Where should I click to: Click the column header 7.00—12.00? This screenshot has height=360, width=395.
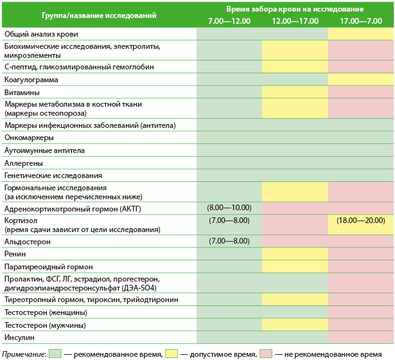coord(229,21)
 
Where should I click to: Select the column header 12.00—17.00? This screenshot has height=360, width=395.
coord(295,21)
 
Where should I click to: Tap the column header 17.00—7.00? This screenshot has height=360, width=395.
coord(361,21)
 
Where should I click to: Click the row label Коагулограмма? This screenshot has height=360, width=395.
coord(31,80)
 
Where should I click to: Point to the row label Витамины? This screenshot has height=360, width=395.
coord(22,93)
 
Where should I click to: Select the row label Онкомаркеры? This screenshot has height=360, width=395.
coord(29,138)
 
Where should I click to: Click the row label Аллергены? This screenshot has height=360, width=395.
coord(24,163)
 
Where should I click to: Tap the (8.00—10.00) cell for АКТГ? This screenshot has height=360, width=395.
coord(229,208)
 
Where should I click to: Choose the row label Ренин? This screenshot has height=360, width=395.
coord(16,254)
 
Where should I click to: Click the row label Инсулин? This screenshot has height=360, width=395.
coord(20,337)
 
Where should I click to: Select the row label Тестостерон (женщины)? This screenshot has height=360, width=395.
coord(46,312)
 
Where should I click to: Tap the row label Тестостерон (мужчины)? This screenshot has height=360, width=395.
coord(46,325)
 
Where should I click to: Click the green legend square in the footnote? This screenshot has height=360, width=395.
coord(55,353)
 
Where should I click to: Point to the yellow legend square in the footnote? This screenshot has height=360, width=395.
coord(171,353)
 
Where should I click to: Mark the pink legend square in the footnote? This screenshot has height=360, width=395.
coord(266,353)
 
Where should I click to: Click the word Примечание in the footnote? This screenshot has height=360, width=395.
coord(24,354)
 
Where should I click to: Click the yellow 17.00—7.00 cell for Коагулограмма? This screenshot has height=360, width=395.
coord(361,80)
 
